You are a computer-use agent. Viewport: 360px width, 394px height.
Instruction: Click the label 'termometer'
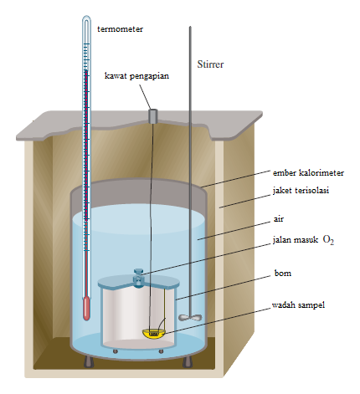point(120,29)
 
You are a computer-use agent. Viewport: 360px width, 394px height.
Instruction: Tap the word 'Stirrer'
point(210,64)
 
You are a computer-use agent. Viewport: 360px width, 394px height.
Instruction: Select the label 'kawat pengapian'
point(136,76)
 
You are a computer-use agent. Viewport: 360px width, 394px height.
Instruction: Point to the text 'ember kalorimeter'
point(308,173)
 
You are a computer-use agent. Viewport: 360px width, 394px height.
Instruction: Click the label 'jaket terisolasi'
point(301,191)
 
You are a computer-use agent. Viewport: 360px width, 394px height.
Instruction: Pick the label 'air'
point(279,219)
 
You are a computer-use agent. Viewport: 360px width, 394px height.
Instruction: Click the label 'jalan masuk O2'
point(303,240)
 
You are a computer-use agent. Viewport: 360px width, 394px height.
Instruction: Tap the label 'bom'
point(283,273)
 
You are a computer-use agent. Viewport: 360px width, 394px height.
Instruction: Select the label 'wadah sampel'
point(298,305)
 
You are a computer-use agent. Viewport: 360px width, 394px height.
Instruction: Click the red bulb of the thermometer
point(87,309)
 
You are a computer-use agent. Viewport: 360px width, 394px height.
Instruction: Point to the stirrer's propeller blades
point(190,317)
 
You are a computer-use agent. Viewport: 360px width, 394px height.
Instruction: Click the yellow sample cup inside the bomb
point(154,334)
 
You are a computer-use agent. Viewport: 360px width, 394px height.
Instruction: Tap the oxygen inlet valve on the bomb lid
point(138,277)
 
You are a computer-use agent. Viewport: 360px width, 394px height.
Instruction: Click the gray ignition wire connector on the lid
point(152,116)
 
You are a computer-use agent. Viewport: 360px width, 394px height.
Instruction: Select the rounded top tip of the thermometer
point(87,18)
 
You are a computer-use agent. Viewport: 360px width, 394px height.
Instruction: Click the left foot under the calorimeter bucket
point(89,361)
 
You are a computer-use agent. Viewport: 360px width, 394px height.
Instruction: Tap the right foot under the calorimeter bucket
point(187,361)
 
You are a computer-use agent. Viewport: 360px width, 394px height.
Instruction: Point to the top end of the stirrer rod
point(190,27)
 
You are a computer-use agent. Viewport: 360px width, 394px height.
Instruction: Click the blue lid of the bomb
point(139,282)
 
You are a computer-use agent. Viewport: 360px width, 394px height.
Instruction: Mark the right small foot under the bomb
point(161,351)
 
